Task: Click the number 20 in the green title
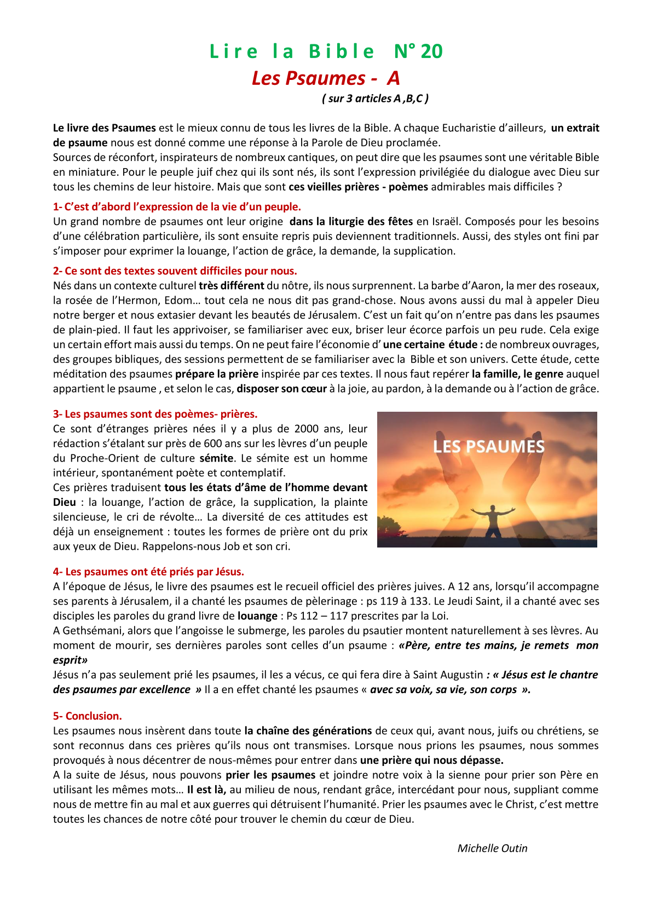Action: (432, 51)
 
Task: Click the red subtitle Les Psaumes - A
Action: (326, 78)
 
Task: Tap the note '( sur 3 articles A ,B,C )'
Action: (376, 99)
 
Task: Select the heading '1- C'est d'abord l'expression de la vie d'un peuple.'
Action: (177, 207)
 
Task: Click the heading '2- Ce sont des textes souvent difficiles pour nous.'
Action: (175, 271)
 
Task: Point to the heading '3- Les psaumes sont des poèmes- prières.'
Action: (155, 414)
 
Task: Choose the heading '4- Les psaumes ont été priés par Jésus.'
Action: (148, 572)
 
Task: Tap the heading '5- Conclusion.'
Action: (88, 716)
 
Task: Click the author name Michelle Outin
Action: (492, 848)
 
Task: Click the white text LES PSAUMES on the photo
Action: (488, 447)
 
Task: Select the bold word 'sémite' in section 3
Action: (216, 458)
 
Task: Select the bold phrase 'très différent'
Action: (231, 286)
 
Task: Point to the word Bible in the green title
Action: (342, 51)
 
